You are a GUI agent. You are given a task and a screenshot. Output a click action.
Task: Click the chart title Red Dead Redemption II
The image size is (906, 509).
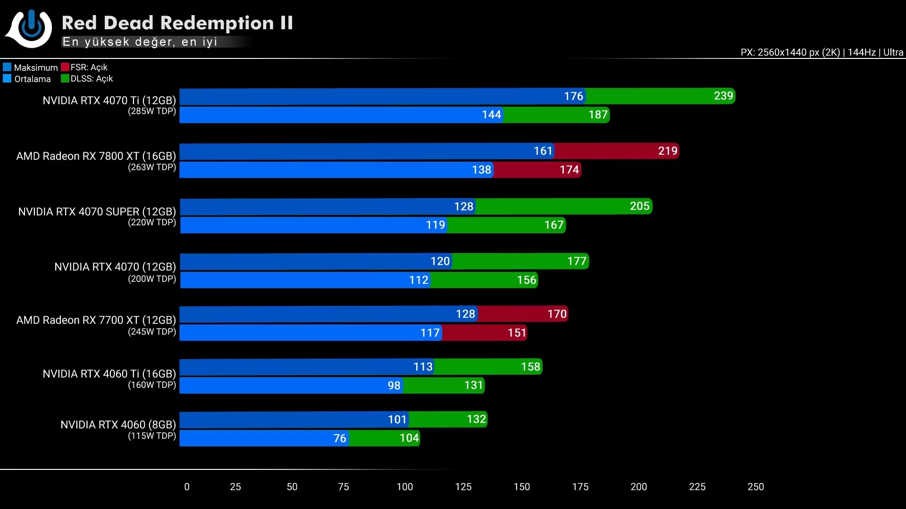pos(177,23)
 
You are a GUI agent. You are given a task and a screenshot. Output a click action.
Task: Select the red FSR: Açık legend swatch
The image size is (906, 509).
pos(65,67)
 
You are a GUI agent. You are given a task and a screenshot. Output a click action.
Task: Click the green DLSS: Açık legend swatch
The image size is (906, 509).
pos(65,78)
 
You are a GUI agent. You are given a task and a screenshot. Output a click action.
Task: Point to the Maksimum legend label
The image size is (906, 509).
pos(35,67)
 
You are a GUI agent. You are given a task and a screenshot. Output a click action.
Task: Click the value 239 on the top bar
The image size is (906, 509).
pos(723,96)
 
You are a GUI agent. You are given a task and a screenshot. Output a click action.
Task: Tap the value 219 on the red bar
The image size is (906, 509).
pos(667,151)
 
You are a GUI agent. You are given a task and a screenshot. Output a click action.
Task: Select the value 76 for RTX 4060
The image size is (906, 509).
pos(340,438)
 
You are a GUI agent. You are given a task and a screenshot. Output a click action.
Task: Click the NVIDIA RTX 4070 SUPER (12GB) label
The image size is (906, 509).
pos(97,212)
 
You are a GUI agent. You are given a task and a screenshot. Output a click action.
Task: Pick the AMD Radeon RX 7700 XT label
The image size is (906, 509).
pos(96,320)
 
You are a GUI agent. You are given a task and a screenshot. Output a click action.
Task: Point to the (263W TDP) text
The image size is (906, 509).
pos(151,167)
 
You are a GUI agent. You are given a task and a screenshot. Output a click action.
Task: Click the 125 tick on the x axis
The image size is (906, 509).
pos(463,487)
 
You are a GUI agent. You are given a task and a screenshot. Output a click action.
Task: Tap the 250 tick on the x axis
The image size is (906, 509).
pos(755,487)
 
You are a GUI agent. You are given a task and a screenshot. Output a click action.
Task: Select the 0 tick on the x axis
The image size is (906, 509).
pos(187,487)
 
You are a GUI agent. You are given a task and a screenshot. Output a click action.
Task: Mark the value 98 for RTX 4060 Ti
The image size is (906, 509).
pos(394,386)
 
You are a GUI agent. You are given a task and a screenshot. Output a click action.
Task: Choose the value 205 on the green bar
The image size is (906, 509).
pos(639,206)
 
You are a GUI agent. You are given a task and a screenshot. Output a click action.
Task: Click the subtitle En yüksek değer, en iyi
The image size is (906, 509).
pos(140,42)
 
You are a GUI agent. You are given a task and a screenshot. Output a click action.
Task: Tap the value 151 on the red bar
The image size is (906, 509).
pos(517,333)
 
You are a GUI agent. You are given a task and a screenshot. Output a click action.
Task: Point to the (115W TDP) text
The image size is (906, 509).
pos(151,436)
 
